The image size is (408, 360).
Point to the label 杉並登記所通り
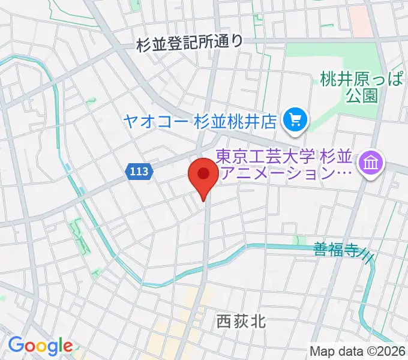190,43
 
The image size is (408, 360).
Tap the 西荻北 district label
240,322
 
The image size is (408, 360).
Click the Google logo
40,346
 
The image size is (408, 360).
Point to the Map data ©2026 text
358,351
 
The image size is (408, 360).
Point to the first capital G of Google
16,346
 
